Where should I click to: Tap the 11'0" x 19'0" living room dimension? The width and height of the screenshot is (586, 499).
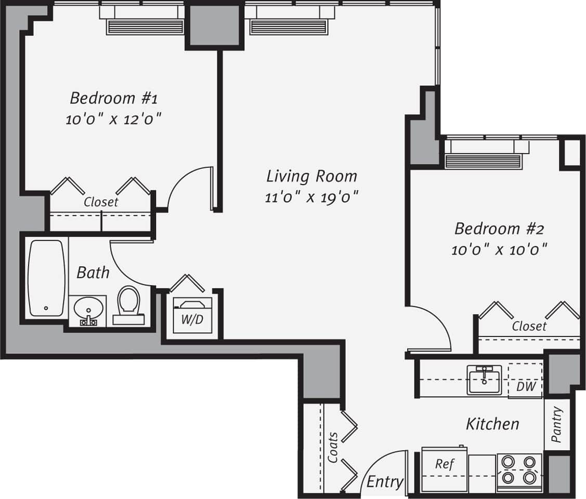(312, 198)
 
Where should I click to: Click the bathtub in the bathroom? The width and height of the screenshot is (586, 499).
(47, 278)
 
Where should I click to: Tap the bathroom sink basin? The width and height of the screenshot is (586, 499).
(88, 310)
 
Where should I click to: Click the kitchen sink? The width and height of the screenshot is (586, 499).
(484, 379)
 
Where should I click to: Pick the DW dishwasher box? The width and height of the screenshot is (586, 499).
(526, 386)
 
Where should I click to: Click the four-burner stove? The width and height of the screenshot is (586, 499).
(519, 470)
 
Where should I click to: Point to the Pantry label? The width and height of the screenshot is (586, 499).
(557, 424)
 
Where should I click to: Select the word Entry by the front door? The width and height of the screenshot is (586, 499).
(384, 482)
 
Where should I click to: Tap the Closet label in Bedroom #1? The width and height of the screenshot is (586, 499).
(101, 202)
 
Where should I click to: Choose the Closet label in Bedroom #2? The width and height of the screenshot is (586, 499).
(529, 326)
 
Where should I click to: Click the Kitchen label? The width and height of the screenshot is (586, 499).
(492, 424)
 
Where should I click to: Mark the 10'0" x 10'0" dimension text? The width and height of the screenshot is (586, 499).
(499, 250)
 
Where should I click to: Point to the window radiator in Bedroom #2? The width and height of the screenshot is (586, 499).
(483, 161)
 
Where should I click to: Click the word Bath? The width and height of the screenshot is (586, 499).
(93, 272)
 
